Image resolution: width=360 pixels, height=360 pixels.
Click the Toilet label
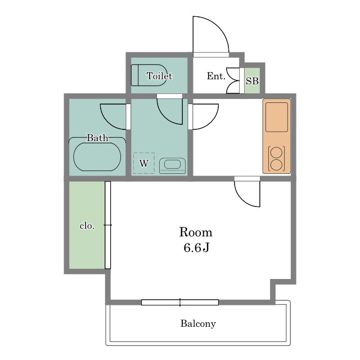(159, 76)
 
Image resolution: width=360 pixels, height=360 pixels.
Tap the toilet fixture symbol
(148, 75)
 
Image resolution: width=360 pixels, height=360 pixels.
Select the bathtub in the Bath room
(97, 157)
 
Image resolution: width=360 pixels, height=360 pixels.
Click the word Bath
(97, 137)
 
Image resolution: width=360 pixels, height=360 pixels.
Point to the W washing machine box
(144, 163)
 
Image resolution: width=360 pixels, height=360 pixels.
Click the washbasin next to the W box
(173, 165)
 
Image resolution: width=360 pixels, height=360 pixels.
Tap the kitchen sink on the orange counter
(277, 117)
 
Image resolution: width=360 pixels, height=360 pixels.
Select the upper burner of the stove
(276, 152)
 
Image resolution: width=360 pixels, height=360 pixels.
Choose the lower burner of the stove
(276, 165)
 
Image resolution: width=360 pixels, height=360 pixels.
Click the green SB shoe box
(252, 80)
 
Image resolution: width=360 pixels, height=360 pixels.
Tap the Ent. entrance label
(216, 76)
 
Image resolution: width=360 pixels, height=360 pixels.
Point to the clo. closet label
(87, 226)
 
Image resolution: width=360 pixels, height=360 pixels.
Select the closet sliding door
(107, 225)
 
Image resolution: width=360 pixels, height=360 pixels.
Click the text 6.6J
(196, 247)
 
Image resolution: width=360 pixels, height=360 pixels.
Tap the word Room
(196, 232)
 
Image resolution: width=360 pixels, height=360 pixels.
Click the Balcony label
(198, 323)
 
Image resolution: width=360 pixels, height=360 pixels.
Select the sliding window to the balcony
(180, 303)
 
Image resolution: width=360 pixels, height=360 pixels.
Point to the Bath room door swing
(109, 121)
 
